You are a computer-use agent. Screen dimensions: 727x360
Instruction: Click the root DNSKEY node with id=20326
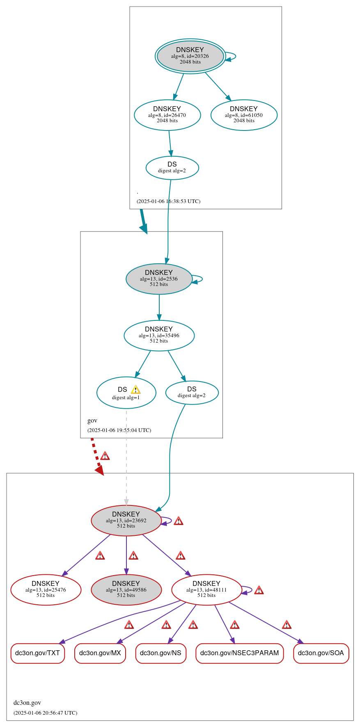tap(190, 56)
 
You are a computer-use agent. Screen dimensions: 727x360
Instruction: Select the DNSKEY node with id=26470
tap(167, 115)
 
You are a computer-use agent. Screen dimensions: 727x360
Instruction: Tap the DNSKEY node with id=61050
tap(244, 115)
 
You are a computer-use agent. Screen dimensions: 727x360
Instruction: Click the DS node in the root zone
tap(172, 167)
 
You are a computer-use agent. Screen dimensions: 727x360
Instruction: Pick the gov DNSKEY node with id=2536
tap(159, 279)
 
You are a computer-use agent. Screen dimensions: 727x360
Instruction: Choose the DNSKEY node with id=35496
tap(159, 335)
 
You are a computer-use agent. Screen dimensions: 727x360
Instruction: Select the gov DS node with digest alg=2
tap(192, 392)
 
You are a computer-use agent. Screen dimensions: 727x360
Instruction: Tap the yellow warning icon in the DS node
tap(135, 390)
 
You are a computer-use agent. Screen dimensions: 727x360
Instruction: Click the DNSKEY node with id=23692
tap(126, 520)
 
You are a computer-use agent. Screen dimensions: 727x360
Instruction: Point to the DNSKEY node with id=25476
tap(46, 590)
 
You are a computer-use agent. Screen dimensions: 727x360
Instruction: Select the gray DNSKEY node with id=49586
tap(126, 590)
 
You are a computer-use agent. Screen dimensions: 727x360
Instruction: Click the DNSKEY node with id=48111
tap(206, 590)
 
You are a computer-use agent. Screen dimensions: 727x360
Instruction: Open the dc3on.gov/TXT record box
tap(37, 653)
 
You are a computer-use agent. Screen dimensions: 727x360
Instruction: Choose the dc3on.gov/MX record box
tap(100, 653)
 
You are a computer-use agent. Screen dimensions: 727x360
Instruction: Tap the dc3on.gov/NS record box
tap(161, 653)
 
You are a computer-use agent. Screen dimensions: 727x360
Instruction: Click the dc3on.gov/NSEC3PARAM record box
tap(239, 653)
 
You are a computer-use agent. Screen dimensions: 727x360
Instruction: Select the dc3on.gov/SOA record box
tap(321, 653)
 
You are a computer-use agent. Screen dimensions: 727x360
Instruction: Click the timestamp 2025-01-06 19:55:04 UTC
tap(119, 430)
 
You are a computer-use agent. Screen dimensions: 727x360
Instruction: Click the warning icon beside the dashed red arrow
tap(105, 456)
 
